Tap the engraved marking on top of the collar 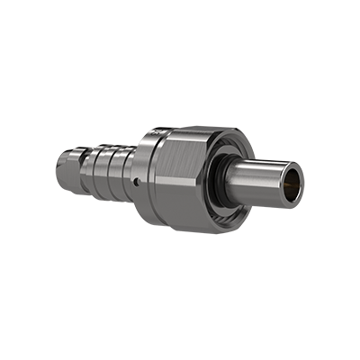pyautogui.click(x=155, y=133)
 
